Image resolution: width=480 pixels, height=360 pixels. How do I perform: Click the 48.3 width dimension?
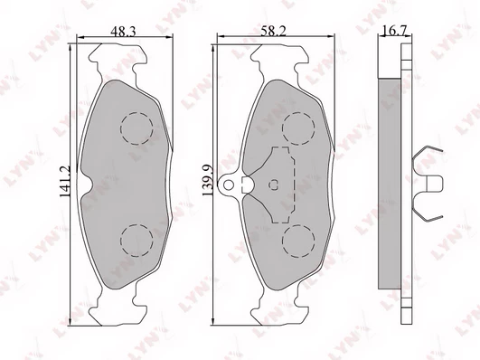pos(123,32)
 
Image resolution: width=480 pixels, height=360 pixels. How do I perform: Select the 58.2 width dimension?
pos(273,31)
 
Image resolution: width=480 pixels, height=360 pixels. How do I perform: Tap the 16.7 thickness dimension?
pos(394,31)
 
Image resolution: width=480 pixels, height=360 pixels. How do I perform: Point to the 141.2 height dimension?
pos(64,182)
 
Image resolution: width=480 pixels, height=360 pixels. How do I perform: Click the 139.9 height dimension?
pos(207,181)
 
